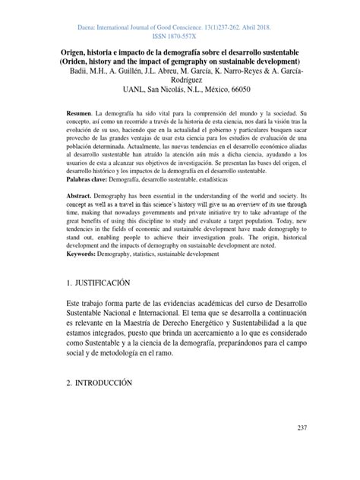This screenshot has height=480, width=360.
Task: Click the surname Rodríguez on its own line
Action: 181,80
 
